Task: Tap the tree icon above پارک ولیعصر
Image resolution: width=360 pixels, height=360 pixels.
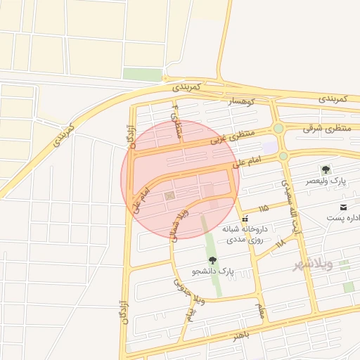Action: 326,169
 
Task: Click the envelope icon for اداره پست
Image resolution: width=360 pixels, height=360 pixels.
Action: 343,207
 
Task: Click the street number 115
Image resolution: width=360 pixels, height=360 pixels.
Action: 264,209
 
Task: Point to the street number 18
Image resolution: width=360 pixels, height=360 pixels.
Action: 281,243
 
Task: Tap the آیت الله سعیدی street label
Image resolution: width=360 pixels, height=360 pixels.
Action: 290,200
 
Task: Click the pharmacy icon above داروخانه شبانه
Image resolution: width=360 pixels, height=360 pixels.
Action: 244,219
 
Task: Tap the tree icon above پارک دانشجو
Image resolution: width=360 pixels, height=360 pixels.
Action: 212,260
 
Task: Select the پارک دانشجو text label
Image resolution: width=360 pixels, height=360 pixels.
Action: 214,271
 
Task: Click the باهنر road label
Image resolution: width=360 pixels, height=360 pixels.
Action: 242,335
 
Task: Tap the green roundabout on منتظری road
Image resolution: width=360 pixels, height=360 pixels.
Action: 279,128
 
